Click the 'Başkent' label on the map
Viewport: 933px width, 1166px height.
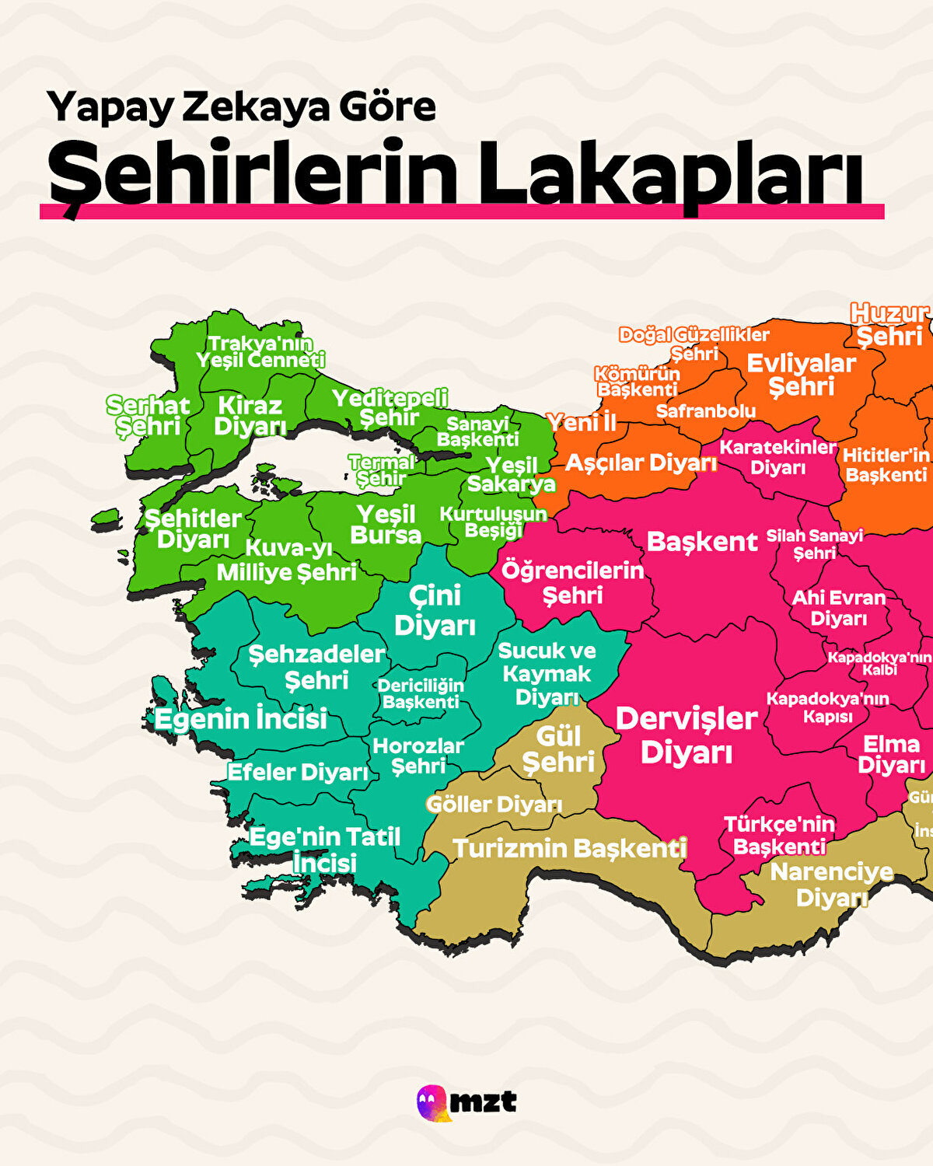pyautogui.click(x=701, y=542)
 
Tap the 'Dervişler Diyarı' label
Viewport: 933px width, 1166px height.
pyautogui.click(x=686, y=735)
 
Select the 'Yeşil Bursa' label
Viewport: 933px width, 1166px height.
pyautogui.click(x=386, y=525)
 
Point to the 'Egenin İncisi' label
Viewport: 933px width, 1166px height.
pyautogui.click(x=240, y=719)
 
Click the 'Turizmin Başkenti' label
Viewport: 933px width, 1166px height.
pyautogui.click(x=569, y=848)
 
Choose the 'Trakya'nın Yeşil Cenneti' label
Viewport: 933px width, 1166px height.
pyautogui.click(x=260, y=351)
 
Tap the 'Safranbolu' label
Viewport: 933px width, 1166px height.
pyautogui.click(x=705, y=411)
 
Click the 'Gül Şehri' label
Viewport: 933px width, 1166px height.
pyautogui.click(x=558, y=749)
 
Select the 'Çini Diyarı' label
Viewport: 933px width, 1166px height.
pyautogui.click(x=435, y=610)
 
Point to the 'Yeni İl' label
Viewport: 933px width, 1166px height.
pyautogui.click(x=581, y=423)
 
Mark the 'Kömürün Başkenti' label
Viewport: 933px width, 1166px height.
pyautogui.click(x=638, y=381)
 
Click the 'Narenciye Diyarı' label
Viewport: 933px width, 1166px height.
pyautogui.click(x=831, y=885)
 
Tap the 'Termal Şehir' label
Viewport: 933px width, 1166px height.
pyautogui.click(x=381, y=470)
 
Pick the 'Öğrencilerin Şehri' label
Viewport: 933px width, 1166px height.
pyautogui.click(x=573, y=583)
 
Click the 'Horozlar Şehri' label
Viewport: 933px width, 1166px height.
pyautogui.click(x=418, y=756)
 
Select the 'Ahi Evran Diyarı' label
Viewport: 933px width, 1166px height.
pyautogui.click(x=838, y=608)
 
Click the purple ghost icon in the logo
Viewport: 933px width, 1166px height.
pyautogui.click(x=432, y=1103)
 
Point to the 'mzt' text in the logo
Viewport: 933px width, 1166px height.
pyautogui.click(x=484, y=1101)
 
